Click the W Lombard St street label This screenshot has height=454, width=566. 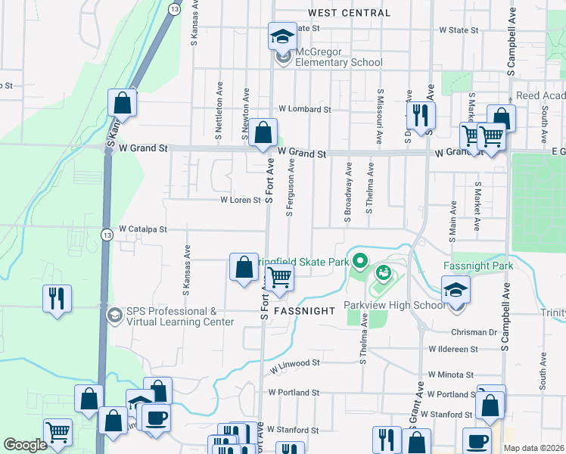tap(305, 109)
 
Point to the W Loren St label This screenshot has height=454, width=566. tap(241, 201)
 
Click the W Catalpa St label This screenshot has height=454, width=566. tap(142, 228)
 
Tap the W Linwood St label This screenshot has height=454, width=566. tap(294, 363)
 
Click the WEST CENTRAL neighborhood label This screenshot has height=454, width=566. tap(350, 13)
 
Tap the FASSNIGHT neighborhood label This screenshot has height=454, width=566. tap(303, 311)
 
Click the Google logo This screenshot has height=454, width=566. tap(25, 445)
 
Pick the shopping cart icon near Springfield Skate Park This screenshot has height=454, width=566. tap(280, 278)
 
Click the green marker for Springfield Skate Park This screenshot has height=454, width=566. tap(359, 263)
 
